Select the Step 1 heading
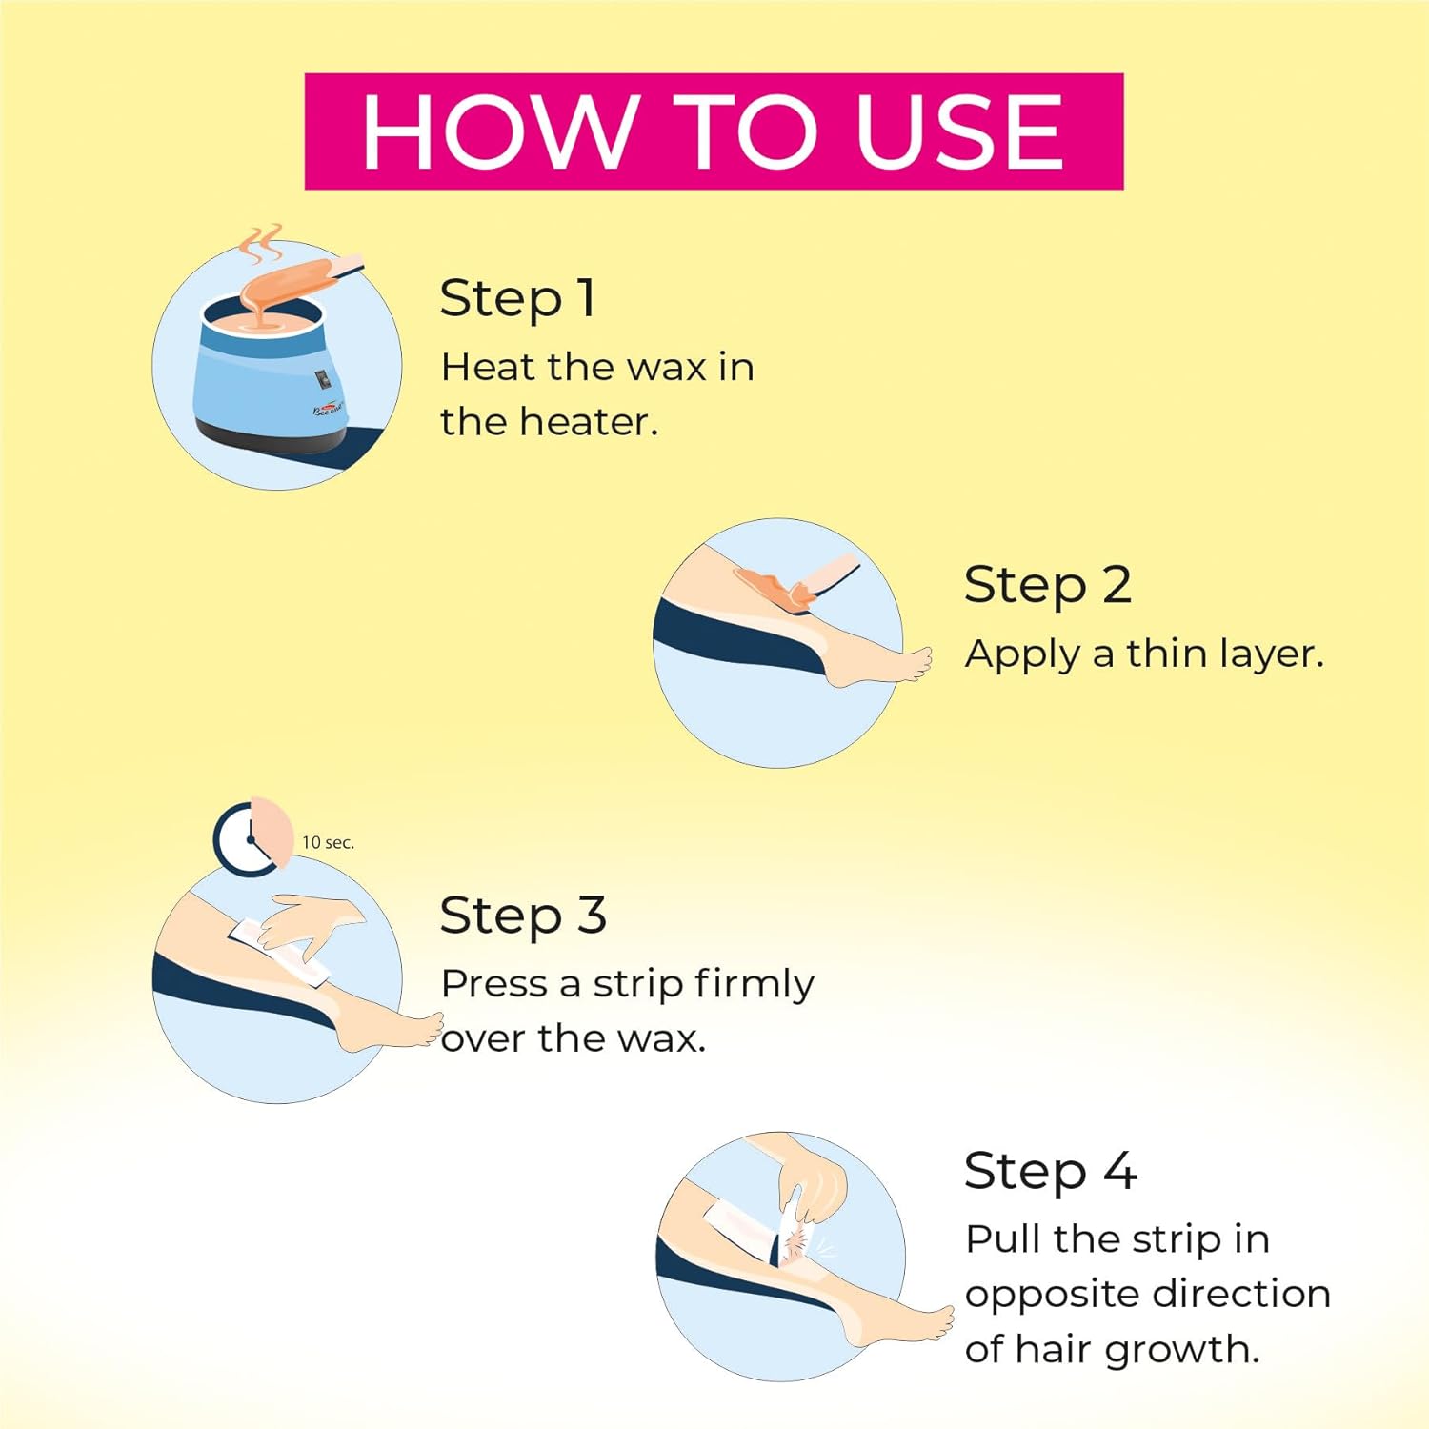click(518, 298)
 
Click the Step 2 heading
click(1048, 584)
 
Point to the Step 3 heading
click(523, 916)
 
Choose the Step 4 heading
click(1051, 1170)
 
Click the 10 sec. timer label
click(328, 842)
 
